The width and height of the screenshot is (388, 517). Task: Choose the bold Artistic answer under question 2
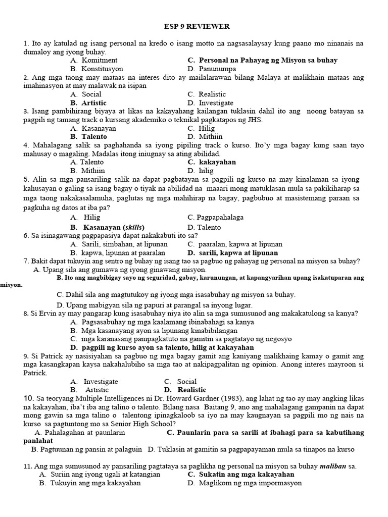94,102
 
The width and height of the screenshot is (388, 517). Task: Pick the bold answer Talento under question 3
95,136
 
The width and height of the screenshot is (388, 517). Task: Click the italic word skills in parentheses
124,227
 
